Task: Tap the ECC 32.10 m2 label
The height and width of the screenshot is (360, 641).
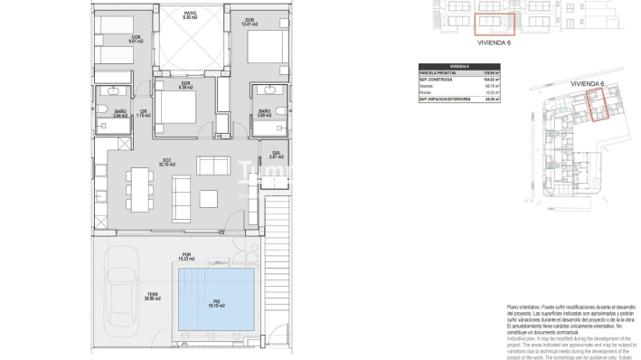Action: pyautogui.click(x=165, y=164)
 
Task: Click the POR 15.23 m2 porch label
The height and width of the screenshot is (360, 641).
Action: pyautogui.click(x=186, y=256)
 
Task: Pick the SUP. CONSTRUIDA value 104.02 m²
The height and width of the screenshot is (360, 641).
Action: pyautogui.click(x=494, y=80)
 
